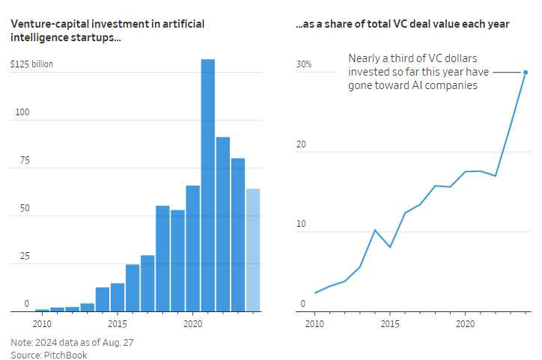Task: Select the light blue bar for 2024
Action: [253, 250]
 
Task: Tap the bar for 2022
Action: [223, 224]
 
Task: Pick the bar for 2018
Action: [162, 258]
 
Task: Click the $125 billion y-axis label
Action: [31, 64]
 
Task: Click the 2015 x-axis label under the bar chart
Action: [117, 324]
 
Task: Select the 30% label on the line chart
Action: [304, 64]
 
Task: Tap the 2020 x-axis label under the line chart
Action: [465, 324]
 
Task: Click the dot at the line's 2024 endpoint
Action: [526, 73]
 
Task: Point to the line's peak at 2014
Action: [374, 230]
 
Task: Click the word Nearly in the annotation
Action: [364, 58]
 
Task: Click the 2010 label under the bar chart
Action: [42, 324]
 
